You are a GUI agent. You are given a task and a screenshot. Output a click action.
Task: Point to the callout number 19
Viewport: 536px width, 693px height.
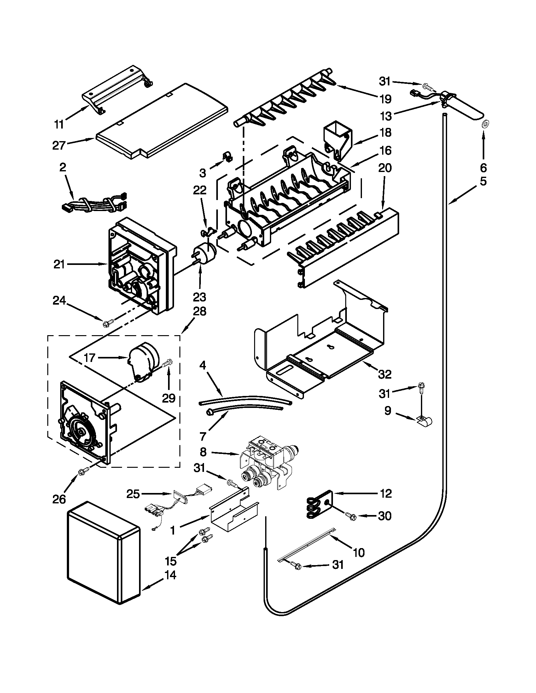pos(386,99)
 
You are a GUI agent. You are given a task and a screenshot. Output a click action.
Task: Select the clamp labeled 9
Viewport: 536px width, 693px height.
pos(424,421)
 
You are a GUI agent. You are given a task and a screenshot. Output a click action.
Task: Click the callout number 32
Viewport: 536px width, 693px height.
pos(385,375)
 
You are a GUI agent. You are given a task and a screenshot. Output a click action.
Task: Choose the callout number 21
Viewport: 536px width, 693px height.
pos(59,264)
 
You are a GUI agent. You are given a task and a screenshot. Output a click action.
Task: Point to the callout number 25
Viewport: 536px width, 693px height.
pos(133,494)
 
